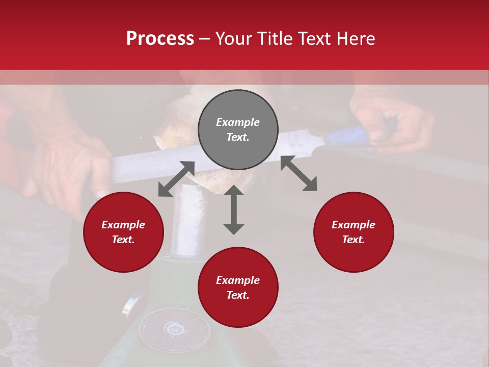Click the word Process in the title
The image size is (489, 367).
point(160,39)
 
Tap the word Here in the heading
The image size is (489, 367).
point(354,39)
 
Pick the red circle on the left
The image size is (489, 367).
point(123,232)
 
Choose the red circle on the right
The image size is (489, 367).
point(354,232)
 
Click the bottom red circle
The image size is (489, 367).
point(238,287)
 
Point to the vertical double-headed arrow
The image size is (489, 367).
point(234,209)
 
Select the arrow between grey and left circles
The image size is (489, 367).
point(176,179)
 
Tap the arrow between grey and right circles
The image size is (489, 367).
point(298,174)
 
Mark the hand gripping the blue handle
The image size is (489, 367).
point(392,120)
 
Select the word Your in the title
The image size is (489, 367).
point(234,39)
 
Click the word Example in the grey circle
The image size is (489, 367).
point(238,122)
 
